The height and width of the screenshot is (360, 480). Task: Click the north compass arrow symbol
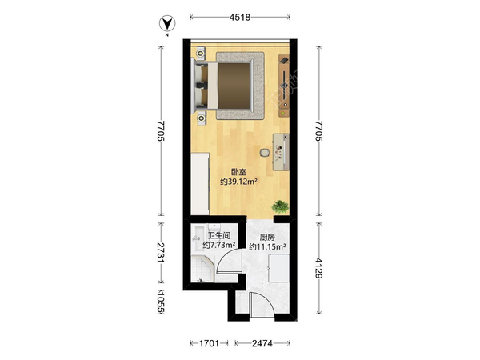pyautogui.click(x=167, y=24)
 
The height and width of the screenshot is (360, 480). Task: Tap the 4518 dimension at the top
pyautogui.click(x=240, y=17)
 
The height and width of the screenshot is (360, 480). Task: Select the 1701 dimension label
pyautogui.click(x=209, y=343)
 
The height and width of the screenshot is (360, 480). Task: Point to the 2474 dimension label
pyautogui.click(x=262, y=343)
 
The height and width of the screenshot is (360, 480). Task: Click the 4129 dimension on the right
pyautogui.click(x=319, y=268)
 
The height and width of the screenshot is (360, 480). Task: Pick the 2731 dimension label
pyautogui.click(x=161, y=253)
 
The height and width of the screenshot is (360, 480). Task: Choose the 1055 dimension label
pyautogui.click(x=161, y=302)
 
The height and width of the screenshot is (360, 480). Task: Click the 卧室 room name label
pyautogui.click(x=238, y=172)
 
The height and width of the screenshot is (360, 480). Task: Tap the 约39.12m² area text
pyautogui.click(x=238, y=182)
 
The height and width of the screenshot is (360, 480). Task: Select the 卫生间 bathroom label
pyautogui.click(x=219, y=235)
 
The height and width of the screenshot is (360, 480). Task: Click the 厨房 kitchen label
pyautogui.click(x=267, y=238)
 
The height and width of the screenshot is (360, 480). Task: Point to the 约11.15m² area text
pyautogui.click(x=267, y=246)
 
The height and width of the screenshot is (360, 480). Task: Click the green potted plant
pyautogui.click(x=280, y=206)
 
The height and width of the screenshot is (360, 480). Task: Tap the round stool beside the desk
pyautogui.click(x=265, y=152)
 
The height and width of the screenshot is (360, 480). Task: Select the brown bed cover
pyautogui.click(x=234, y=86)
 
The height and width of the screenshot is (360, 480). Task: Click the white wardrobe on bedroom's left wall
pyautogui.click(x=200, y=184)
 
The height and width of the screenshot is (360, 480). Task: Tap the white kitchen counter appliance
pyautogui.click(x=278, y=268)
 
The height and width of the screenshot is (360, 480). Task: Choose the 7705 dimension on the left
pyautogui.click(x=161, y=130)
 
